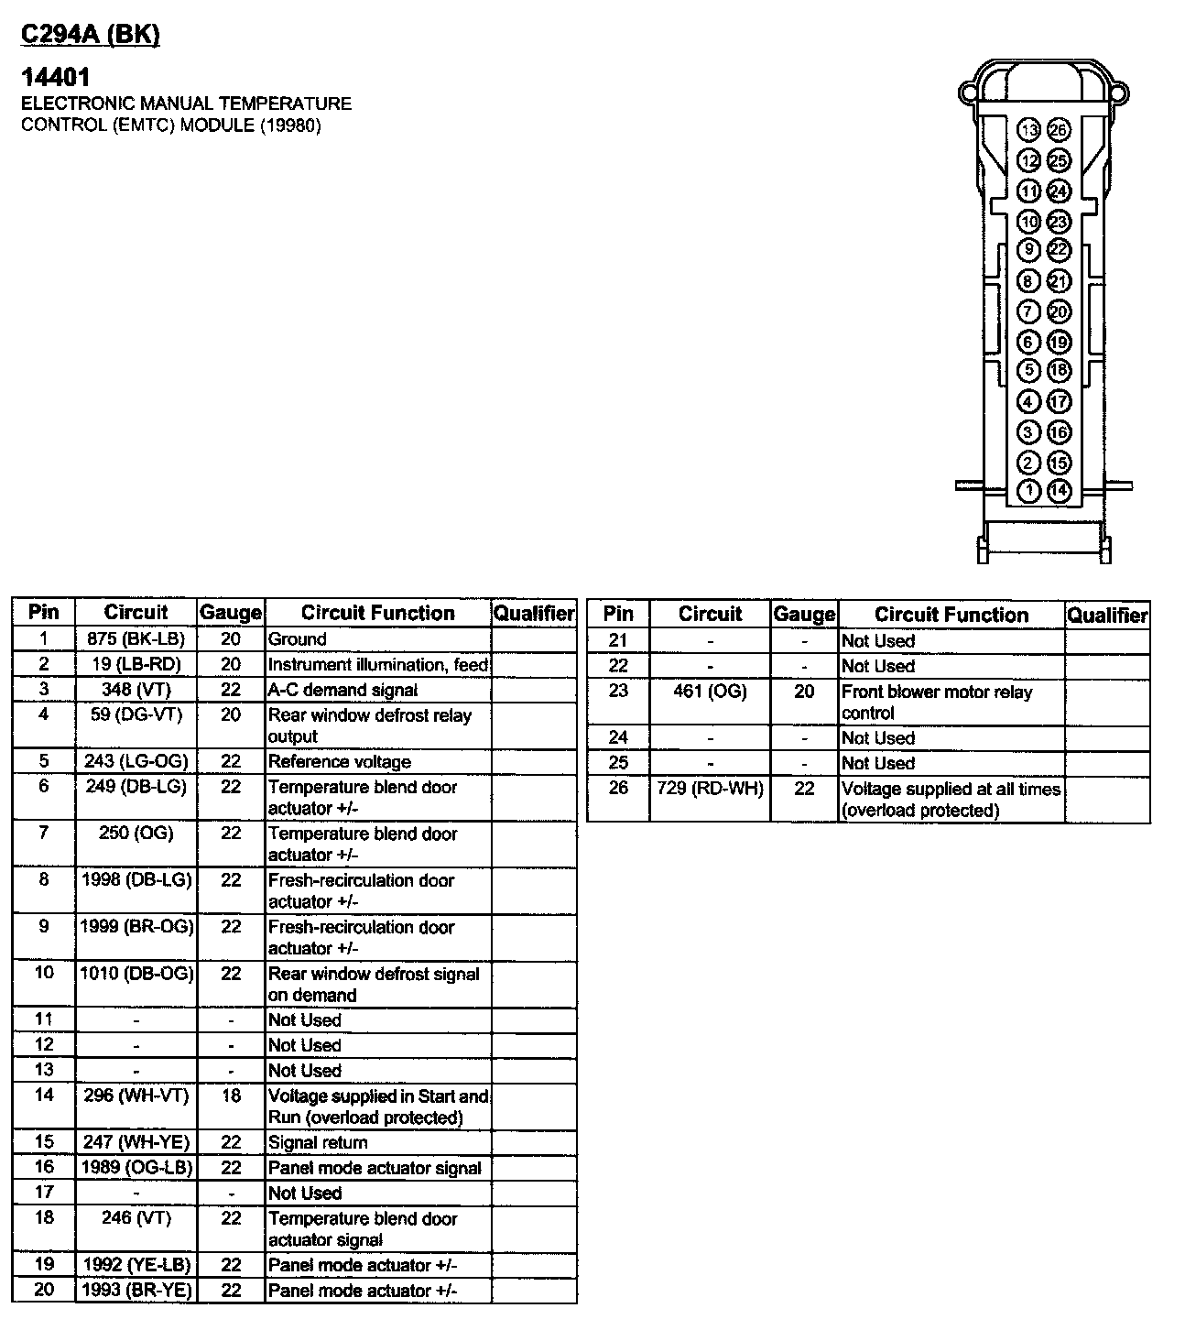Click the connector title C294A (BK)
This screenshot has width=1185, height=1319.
click(90, 34)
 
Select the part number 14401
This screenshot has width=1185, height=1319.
click(56, 78)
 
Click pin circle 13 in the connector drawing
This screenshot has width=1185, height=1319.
click(1029, 130)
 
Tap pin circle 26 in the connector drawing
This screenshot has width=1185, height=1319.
click(1059, 130)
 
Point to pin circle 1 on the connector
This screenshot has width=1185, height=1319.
click(1029, 491)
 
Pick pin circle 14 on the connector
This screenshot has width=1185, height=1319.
click(1059, 491)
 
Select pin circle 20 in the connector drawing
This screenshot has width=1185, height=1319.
click(1059, 311)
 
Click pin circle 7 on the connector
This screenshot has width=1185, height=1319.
click(1029, 311)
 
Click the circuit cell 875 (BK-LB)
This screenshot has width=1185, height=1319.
click(136, 639)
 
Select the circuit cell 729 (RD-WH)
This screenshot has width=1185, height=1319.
click(711, 788)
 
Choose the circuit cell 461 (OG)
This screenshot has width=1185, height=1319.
click(711, 692)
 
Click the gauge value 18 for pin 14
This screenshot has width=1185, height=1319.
click(231, 1096)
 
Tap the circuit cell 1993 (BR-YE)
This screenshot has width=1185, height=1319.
click(136, 1291)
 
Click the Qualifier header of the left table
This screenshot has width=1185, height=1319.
click(534, 613)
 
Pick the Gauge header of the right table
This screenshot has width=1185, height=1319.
click(804, 615)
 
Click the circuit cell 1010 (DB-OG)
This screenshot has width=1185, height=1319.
click(136, 973)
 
